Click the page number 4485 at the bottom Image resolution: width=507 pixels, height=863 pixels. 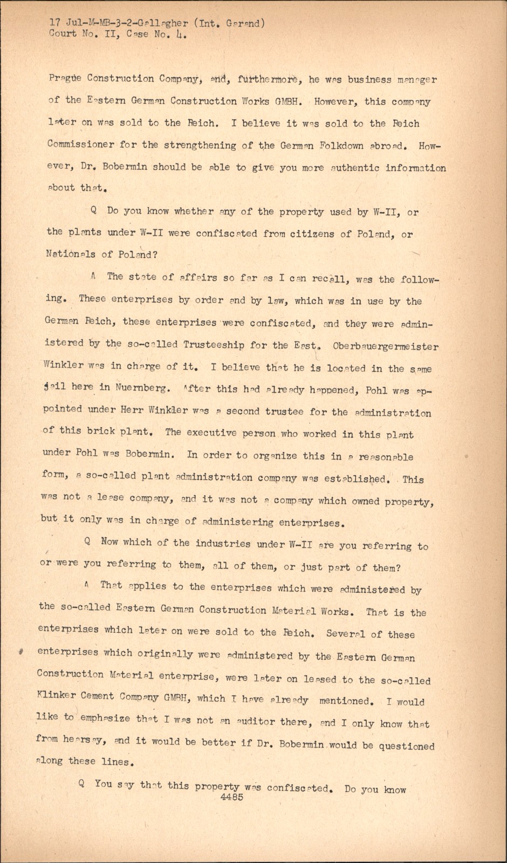click(232, 798)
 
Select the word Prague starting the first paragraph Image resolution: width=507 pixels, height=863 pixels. click(64, 79)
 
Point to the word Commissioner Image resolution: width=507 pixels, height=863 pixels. click(81, 145)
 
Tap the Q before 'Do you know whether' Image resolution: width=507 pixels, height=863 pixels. click(94, 211)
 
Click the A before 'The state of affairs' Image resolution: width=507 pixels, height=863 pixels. click(93, 276)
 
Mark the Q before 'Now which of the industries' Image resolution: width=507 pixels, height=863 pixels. click(88, 542)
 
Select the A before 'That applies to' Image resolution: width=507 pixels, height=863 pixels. click(87, 585)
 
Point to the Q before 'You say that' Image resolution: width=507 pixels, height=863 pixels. click(81, 784)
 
